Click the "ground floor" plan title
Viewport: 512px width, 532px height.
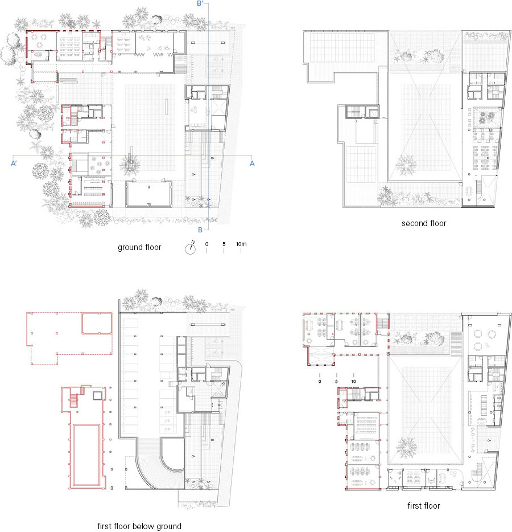(x=139, y=247)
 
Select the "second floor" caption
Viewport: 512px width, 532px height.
(x=424, y=223)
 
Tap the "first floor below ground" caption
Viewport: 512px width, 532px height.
(x=139, y=526)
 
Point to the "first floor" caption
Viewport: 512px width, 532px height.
(x=424, y=506)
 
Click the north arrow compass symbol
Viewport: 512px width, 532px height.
(x=191, y=248)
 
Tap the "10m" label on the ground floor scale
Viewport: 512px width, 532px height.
(x=241, y=244)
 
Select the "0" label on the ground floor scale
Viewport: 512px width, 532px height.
(x=207, y=244)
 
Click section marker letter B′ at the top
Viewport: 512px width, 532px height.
(x=200, y=3)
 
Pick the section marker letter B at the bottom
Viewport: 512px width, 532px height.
(x=200, y=230)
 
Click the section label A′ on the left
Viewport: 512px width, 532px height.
(x=14, y=163)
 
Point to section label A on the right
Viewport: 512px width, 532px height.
(x=252, y=163)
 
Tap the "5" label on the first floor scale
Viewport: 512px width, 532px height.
(x=336, y=382)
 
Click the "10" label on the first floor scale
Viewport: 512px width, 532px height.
(x=353, y=382)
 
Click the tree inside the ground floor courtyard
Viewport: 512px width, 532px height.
(x=130, y=164)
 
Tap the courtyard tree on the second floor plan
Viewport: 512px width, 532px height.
(x=406, y=165)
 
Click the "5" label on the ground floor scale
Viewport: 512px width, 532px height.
(x=224, y=244)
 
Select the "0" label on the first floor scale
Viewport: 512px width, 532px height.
(x=320, y=382)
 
